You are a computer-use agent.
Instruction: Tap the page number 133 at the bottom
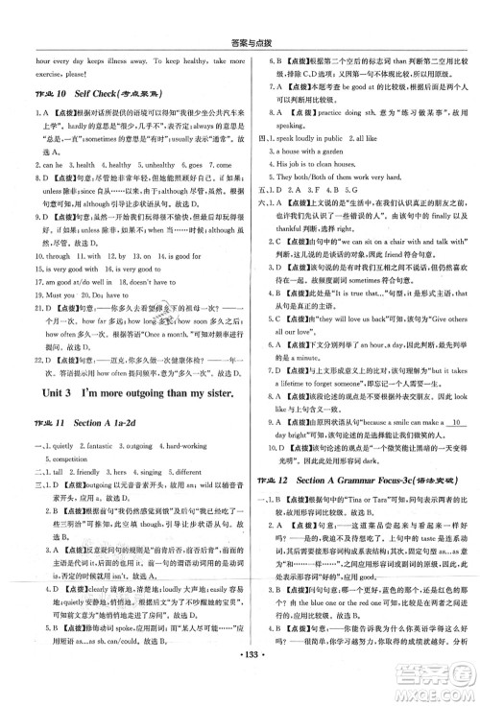pyautogui.click(x=241, y=692)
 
